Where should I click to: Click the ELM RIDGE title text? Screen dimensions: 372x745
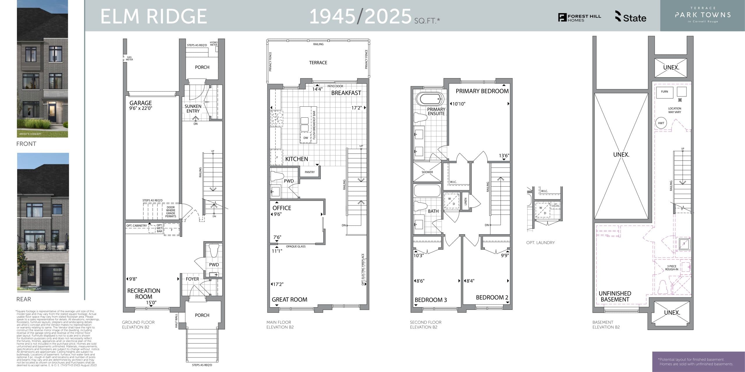(x=154, y=16)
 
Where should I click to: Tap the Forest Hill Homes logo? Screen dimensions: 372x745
(x=579, y=18)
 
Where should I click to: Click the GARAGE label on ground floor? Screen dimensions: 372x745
(x=141, y=103)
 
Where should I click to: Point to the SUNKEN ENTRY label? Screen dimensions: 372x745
(x=193, y=109)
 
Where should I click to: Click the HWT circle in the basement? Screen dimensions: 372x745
(x=661, y=123)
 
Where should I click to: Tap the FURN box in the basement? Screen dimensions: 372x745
(x=664, y=92)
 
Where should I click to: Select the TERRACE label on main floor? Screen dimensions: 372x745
(x=318, y=63)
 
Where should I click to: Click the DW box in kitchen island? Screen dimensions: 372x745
(x=306, y=138)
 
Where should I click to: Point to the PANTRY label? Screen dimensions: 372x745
(x=310, y=172)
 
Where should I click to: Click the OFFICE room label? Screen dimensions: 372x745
(x=282, y=208)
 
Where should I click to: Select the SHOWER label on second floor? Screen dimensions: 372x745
(x=427, y=172)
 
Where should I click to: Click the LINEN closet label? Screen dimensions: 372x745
(x=465, y=201)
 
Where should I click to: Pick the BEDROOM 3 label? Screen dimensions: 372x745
(x=431, y=300)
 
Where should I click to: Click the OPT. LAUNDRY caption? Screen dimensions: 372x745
(x=540, y=243)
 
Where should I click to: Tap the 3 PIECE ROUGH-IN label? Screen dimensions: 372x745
(x=672, y=268)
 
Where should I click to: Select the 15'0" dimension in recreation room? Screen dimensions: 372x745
(x=151, y=303)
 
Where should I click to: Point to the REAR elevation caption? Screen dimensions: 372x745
(x=24, y=299)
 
